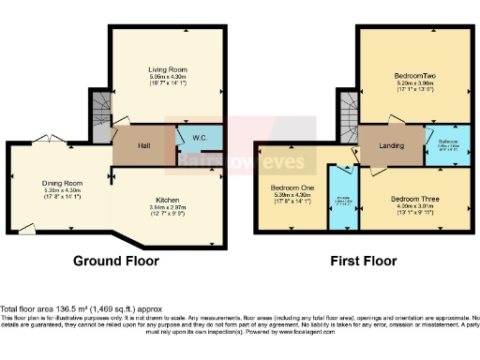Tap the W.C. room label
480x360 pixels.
[x=200, y=139]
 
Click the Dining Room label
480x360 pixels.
[x=64, y=184]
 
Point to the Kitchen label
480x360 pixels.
[x=169, y=200]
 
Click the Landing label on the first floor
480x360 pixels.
[x=391, y=145]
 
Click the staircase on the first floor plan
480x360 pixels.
[x=348, y=117]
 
